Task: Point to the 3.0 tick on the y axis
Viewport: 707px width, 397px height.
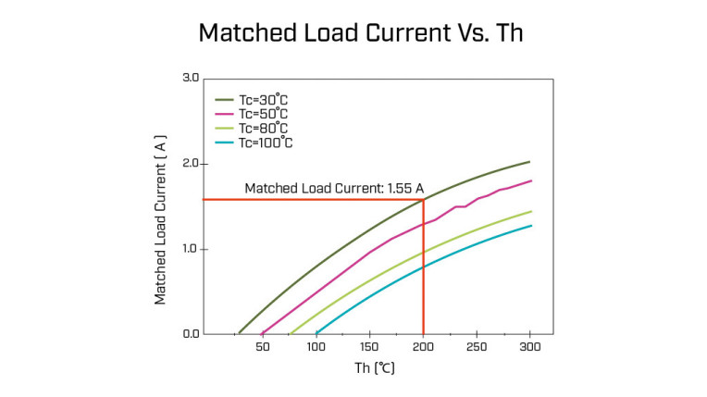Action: [191, 79]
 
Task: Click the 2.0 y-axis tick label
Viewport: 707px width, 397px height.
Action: [191, 164]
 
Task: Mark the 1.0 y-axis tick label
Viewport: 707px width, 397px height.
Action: [191, 249]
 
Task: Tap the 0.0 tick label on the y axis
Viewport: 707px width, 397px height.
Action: [191, 334]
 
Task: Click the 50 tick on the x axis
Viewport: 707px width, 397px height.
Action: [263, 346]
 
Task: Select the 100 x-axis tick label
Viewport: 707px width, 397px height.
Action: [316, 346]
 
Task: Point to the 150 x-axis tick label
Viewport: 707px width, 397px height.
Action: [369, 346]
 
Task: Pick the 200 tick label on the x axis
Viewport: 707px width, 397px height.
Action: [423, 346]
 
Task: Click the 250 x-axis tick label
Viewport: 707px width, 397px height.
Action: [477, 346]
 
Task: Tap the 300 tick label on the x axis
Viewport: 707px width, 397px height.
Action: [530, 346]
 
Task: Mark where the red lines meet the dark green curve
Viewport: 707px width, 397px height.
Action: [423, 199]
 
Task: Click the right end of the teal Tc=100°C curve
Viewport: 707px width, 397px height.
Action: [530, 226]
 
